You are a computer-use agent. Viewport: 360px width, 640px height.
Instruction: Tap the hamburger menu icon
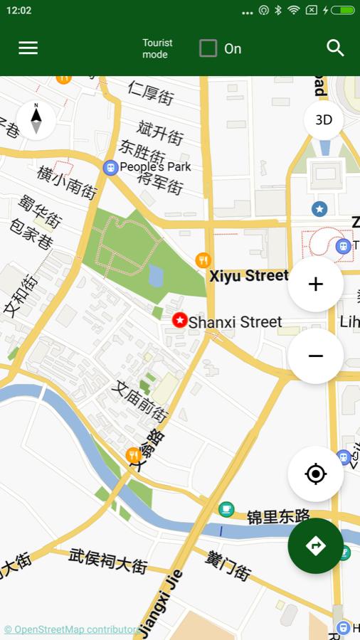pos(28,48)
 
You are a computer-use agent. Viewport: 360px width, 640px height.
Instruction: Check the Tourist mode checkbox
pos(208,48)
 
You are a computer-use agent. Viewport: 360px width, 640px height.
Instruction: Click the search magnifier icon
pos(335,48)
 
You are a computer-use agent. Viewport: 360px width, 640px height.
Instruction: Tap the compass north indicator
pos(36,119)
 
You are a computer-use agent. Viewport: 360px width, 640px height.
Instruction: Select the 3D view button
pos(324,119)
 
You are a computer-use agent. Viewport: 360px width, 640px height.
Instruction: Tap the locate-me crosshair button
pos(315,474)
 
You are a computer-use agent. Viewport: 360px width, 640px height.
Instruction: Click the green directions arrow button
pos(315,545)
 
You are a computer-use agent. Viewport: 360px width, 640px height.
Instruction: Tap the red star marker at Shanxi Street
pos(180,321)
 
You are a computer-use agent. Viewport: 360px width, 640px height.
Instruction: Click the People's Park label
pos(155,166)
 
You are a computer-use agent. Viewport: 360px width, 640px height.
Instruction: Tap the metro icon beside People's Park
pos(110,167)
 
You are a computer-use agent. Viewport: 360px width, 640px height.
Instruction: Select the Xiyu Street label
pos(248,276)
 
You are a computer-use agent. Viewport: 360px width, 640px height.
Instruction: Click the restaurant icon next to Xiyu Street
pos(203,260)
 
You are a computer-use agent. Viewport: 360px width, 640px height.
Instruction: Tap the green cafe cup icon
pos(226,508)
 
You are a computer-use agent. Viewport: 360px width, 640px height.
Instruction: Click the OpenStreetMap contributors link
pos(71,629)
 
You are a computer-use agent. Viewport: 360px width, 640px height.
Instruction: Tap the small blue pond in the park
pos(156,275)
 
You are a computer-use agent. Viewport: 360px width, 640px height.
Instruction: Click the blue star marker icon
pos(319,208)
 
